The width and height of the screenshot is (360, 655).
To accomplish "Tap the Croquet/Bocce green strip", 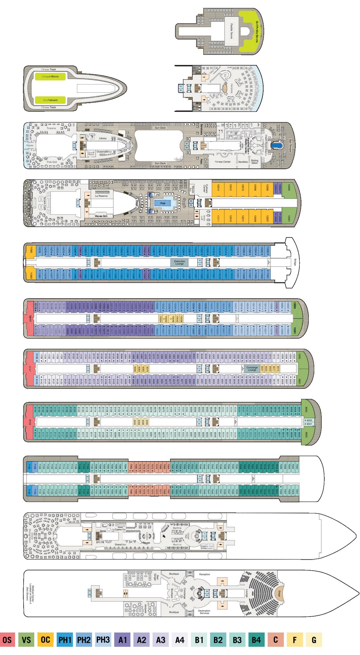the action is click(x=50, y=76).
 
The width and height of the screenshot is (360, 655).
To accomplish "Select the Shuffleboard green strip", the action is click(x=50, y=100).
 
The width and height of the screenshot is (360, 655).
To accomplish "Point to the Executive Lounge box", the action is click(x=179, y=262).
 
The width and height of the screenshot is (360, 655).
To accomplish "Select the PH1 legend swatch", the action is click(x=65, y=640).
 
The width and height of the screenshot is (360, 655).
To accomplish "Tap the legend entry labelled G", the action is click(x=314, y=640).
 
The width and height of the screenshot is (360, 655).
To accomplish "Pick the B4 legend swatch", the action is click(x=256, y=640).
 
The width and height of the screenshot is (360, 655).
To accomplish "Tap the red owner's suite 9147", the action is click(x=30, y=369).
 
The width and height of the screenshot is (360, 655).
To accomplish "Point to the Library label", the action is click(x=103, y=138).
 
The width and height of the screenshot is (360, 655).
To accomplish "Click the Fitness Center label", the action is click(x=223, y=162).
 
